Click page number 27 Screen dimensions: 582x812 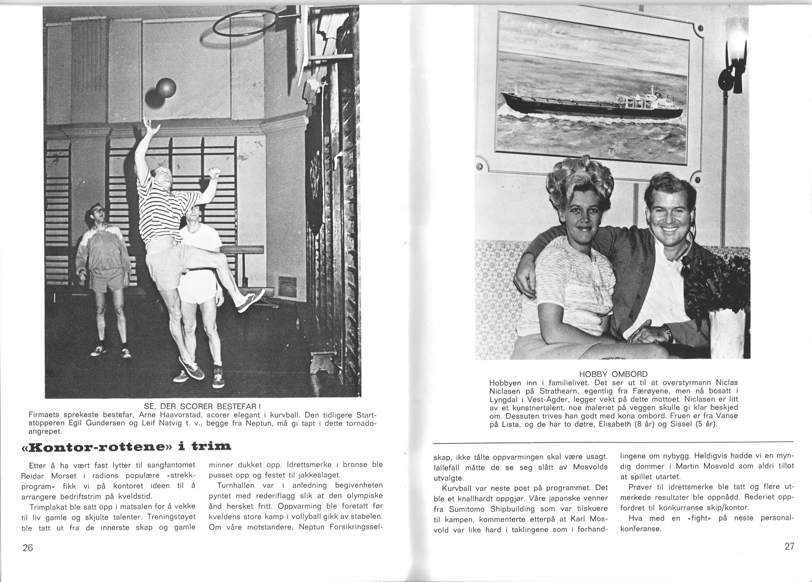789,546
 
